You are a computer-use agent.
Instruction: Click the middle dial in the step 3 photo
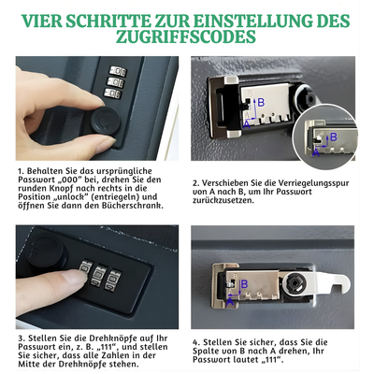pyautogui.click(x=96, y=277)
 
